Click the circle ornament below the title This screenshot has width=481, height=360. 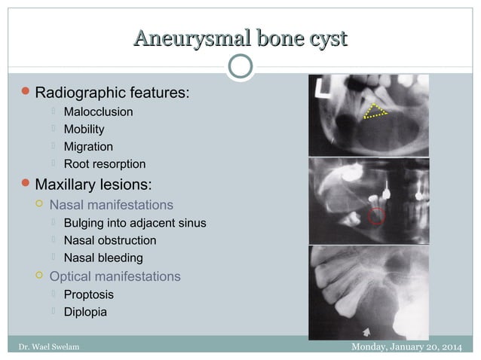coord(240,66)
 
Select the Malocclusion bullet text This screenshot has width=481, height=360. coord(98,112)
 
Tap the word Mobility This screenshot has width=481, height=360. coord(84,130)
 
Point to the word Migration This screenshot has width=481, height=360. coord(88,147)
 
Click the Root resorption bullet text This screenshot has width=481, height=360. coord(105,164)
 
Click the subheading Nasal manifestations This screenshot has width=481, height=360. coord(111,205)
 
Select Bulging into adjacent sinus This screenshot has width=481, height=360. coord(135,223)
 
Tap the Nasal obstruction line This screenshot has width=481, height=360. coord(110,240)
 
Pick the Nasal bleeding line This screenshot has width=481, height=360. coord(103,258)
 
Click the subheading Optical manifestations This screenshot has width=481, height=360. coord(115,276)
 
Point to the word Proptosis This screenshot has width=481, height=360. coord(89,294)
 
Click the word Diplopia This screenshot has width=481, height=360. coord(85,312)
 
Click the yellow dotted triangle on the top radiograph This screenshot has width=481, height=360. coord(373,111)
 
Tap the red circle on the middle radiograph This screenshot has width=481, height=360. coord(376,218)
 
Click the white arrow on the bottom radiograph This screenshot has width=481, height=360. coord(366,330)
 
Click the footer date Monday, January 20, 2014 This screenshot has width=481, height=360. coord(407,346)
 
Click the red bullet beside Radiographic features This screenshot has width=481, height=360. coord(26,93)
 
